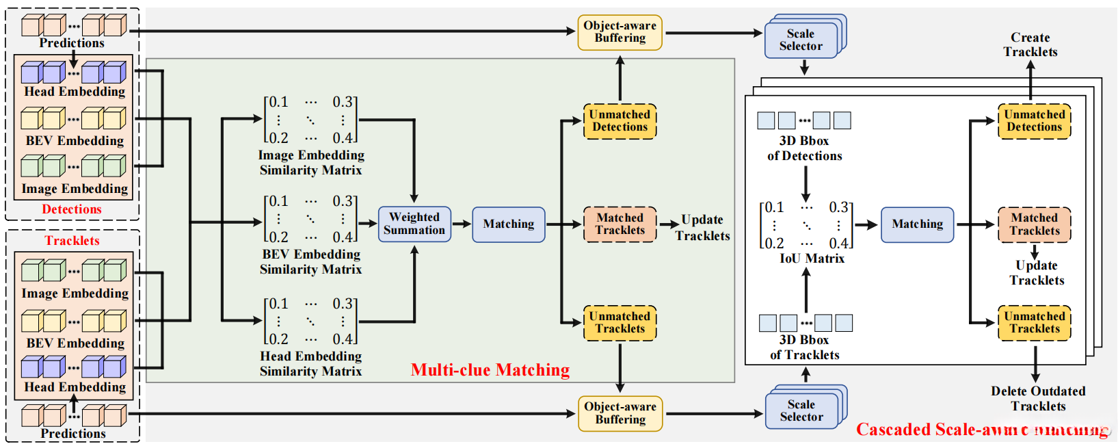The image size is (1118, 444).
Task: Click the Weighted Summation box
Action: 414,224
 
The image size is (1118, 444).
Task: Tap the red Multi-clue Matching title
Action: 490,370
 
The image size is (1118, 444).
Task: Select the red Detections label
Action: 72,209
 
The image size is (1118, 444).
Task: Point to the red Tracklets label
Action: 72,241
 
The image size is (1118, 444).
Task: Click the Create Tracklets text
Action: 1030,44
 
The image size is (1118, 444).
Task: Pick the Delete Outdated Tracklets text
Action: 1038,399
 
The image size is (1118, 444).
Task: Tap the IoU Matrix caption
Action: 812,259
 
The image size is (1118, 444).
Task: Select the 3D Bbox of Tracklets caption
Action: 804,348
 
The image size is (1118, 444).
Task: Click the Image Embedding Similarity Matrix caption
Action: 311,163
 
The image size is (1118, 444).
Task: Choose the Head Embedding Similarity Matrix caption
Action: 311,364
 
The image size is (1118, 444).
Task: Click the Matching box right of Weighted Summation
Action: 508,224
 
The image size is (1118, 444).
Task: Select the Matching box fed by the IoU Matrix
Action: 917,224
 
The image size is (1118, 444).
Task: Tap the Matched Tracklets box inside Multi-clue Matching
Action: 620,224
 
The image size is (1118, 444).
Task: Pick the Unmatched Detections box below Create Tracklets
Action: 1034,121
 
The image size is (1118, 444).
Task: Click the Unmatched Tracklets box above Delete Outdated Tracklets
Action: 1034,323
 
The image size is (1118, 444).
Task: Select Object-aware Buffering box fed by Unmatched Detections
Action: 620,32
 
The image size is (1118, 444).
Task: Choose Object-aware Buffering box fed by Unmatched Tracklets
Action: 620,413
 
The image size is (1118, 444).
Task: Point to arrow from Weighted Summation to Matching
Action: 462,224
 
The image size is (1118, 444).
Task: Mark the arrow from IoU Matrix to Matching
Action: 866,224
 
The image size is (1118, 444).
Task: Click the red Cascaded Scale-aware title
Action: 981,430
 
